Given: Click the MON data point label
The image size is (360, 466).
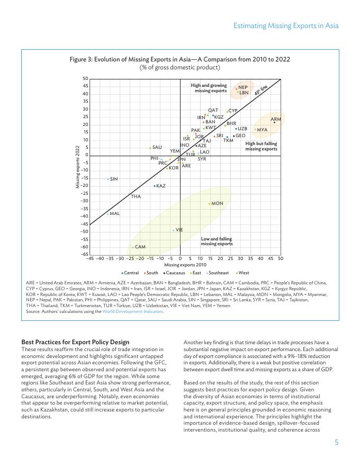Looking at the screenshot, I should tap(217, 203).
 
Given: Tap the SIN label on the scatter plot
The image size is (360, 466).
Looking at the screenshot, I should tap(113, 179).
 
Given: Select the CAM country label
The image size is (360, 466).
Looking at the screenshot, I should tap(140, 247).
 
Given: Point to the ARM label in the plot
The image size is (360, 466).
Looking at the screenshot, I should tap(276, 119).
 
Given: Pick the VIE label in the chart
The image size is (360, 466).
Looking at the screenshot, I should tap(179, 230).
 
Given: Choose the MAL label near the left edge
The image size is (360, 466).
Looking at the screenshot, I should tap(114, 213).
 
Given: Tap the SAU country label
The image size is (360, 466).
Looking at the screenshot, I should tap(157, 147).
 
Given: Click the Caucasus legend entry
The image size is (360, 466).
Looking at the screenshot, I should tap(174, 272).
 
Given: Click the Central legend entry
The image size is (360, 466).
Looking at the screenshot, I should tap(130, 272).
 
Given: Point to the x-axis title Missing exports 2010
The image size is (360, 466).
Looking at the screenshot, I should tap(185, 264).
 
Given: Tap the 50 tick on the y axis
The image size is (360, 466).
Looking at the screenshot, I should tap(85, 79).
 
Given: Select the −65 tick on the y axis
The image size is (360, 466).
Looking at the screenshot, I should tap(84, 255).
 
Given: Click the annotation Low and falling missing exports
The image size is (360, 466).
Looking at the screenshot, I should tap(217, 241).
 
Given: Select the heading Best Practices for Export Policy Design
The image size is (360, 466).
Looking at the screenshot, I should tap(75, 342).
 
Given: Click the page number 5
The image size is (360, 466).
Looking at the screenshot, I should tap(336, 443).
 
